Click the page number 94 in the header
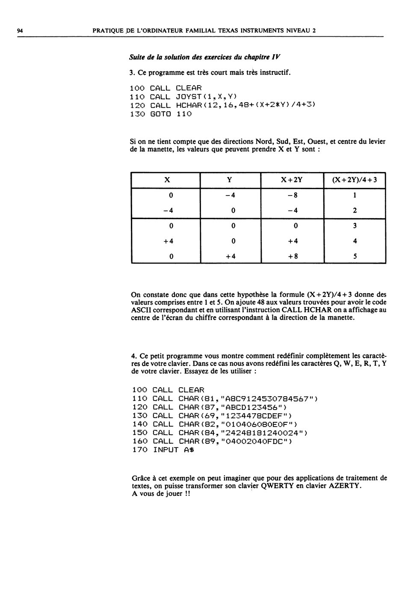click(20, 31)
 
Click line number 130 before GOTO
click(137, 114)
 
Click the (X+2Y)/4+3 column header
click(355, 180)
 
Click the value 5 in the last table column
click(355, 257)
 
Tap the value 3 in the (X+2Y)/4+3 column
click(355, 226)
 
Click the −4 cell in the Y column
click(230, 196)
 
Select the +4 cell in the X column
click(169, 241)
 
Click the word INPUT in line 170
click(166, 450)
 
